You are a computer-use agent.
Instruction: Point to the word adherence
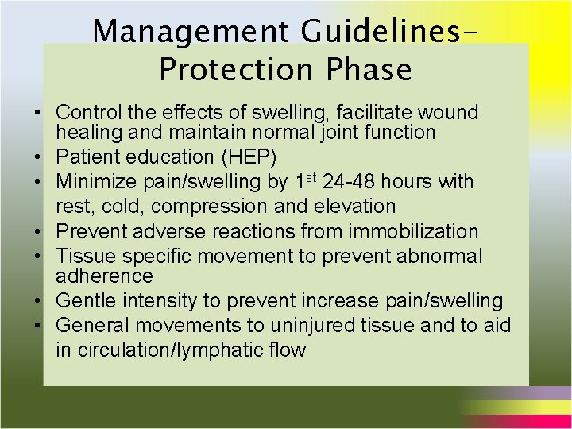coord(104,276)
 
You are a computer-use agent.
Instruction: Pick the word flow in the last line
coord(285,350)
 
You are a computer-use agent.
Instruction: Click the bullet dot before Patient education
coord(48,157)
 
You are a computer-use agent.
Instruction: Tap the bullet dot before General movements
coord(48,327)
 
